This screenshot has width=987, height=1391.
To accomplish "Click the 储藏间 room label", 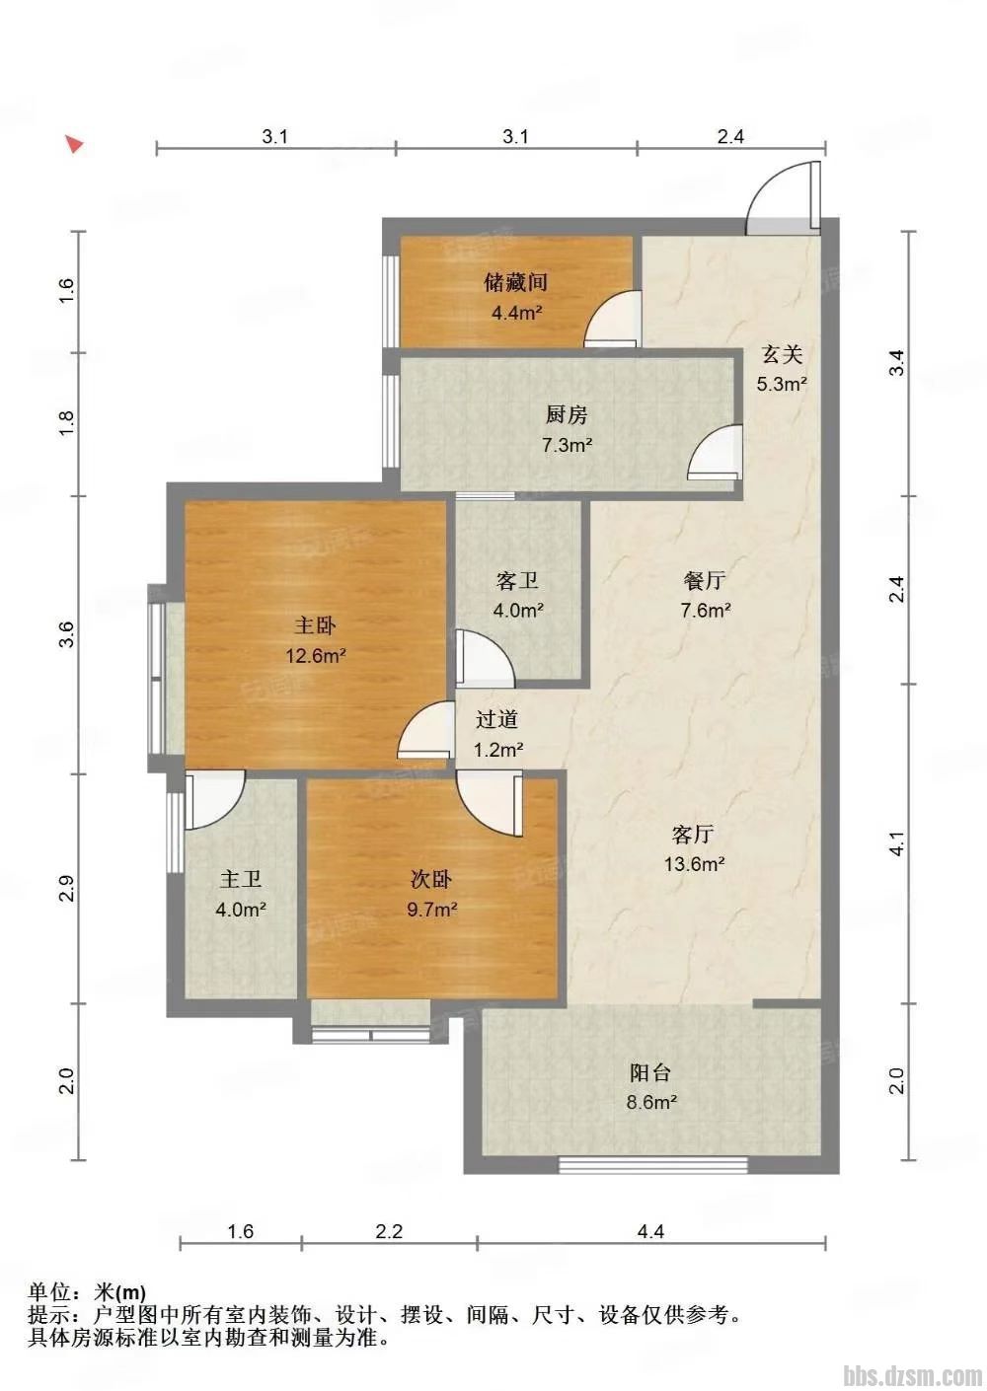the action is coord(515,282).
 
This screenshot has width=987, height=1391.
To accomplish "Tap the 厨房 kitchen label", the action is coord(566,414).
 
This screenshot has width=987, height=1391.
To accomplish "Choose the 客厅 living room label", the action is coord(693,834).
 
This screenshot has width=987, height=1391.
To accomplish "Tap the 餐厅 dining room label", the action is coord(705,580).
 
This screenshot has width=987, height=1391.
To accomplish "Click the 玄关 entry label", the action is coord(782,354).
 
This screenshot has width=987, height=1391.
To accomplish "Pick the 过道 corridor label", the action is coord(496,720).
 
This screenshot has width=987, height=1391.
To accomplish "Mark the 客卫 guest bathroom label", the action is coord(517,581).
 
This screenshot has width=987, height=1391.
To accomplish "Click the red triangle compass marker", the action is coord(75,144).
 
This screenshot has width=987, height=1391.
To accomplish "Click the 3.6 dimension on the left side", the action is coord(67,634).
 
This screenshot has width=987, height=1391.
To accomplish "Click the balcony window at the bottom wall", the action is coord(653,1166).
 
